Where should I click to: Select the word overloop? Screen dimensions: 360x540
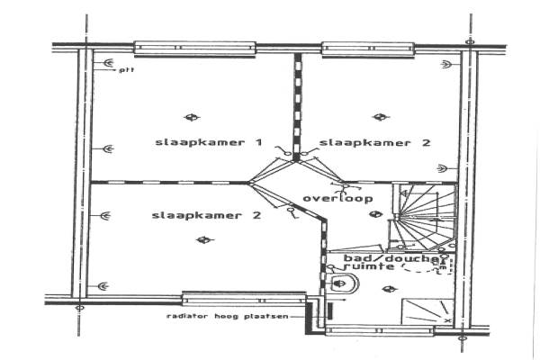tap(337, 198)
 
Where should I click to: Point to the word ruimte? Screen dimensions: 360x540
tap(369, 268)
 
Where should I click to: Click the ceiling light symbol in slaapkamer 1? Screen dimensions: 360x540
tap(189, 116)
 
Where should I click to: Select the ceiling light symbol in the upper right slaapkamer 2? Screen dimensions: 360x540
tap(380, 116)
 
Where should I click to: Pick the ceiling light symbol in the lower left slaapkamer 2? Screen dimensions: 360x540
tap(205, 238)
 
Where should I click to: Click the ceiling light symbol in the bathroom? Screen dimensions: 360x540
tap(388, 289)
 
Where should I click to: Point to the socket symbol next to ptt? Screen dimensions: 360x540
tap(108, 64)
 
